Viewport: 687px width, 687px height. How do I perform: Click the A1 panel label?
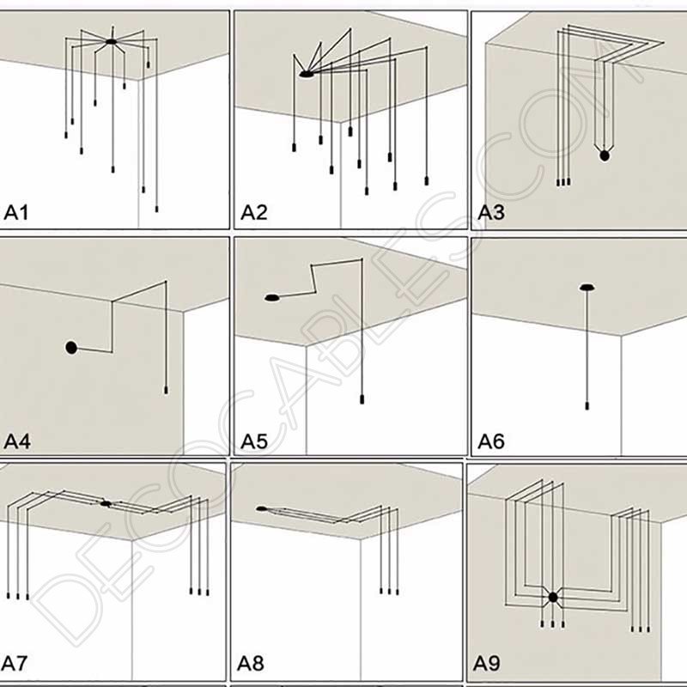tap(17, 213)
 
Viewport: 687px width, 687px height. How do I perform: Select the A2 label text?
tap(254, 213)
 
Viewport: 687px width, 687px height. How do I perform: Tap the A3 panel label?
tap(491, 213)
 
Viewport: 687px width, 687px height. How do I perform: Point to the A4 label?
tap(17, 442)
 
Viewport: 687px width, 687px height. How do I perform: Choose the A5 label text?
tap(254, 442)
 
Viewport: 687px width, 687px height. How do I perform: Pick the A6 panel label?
tap(491, 442)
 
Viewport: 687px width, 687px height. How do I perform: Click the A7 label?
tap(15, 664)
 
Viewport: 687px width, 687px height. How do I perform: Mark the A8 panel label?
tap(252, 664)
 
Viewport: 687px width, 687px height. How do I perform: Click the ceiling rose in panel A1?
tap(111, 42)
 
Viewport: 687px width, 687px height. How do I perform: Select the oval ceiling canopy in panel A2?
tap(307, 76)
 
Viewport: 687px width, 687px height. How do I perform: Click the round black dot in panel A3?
tap(605, 155)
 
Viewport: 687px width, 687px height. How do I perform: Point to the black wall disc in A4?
tap(71, 348)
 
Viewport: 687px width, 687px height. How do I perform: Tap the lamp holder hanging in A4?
tap(165, 391)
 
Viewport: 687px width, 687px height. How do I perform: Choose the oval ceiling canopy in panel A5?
tap(272, 298)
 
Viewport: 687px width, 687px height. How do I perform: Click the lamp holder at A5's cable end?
tap(362, 400)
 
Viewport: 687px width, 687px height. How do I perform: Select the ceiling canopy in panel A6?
tap(587, 288)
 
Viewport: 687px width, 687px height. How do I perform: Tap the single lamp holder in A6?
tap(587, 403)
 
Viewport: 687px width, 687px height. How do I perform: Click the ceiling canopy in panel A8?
tap(261, 509)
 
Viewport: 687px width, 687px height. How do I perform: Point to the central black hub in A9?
tap(553, 597)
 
